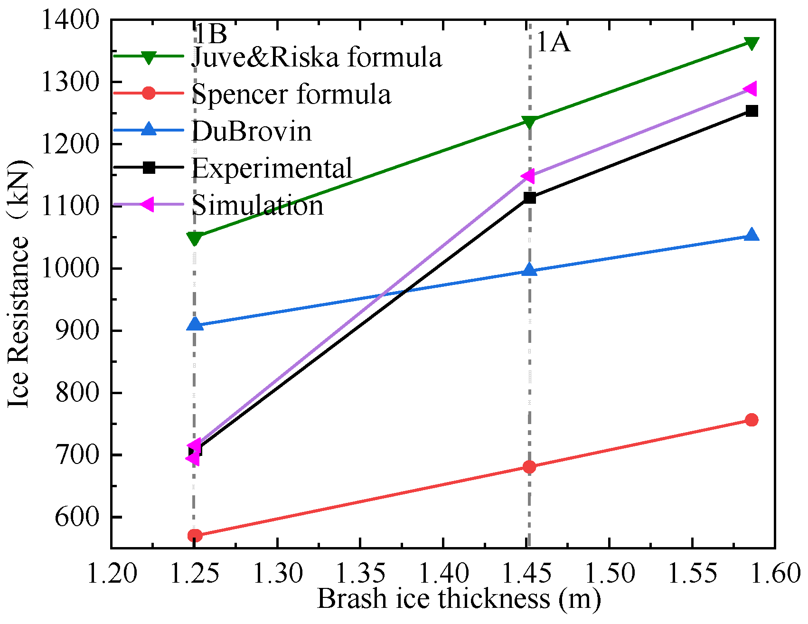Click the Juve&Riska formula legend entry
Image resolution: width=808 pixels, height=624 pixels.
tap(317, 57)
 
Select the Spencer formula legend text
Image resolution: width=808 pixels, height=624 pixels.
tap(291, 94)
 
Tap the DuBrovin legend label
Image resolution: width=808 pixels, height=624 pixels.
tap(251, 131)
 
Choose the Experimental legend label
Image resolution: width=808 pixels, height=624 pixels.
tap(272, 168)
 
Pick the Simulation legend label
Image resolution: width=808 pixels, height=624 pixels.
tap(257, 205)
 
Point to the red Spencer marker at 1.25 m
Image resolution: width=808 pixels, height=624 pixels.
tap(195, 536)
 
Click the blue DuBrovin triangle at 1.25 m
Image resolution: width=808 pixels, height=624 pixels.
tap(195, 325)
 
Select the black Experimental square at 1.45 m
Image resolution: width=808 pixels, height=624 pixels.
tap(529, 198)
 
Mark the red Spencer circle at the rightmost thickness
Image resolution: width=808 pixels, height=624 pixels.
tap(752, 420)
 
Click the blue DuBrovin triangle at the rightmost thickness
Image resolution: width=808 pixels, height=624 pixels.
tap(752, 235)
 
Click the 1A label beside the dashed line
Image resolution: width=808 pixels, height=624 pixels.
tap(553, 42)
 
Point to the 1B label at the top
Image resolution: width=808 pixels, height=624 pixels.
tap(211, 33)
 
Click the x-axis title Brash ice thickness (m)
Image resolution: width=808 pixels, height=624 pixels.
tap(459, 599)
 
